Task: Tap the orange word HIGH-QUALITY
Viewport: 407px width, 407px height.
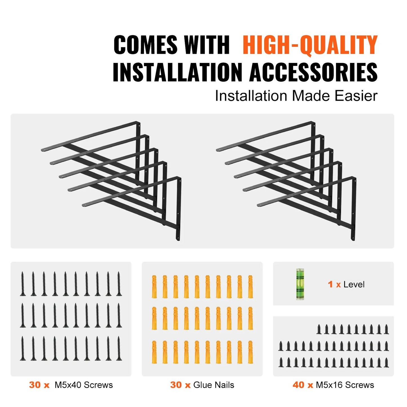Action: pos(310,45)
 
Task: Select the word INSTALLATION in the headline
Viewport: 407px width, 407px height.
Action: pos(177,72)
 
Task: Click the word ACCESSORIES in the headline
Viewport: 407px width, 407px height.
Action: pos(313,72)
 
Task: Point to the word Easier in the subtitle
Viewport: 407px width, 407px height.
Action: pos(356,96)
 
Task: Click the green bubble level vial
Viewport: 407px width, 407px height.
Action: pos(301,284)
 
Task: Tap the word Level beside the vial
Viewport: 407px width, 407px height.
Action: pos(354,284)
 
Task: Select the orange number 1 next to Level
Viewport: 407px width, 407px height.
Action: pos(331,284)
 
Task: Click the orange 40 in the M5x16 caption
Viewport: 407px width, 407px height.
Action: pos(299,385)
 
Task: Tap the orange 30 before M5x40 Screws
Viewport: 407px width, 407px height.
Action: pos(35,385)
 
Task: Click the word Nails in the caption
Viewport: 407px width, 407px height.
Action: pos(224,385)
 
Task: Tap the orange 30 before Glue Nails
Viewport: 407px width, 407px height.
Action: pos(176,385)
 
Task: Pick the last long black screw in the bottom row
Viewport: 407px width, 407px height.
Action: pos(119,348)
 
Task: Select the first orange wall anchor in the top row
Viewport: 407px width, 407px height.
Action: pos(154,287)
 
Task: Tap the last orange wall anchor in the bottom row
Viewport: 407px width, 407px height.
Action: pos(250,352)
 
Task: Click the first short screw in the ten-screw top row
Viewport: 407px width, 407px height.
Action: pos(319,329)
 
